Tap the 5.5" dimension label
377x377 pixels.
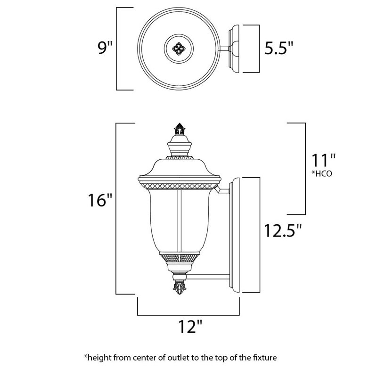pyautogui.click(x=279, y=48)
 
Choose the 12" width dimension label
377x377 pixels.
pyautogui.click(x=189, y=326)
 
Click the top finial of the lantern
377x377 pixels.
pyautogui.click(x=180, y=129)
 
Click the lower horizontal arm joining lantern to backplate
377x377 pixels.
pyautogui.click(x=207, y=276)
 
